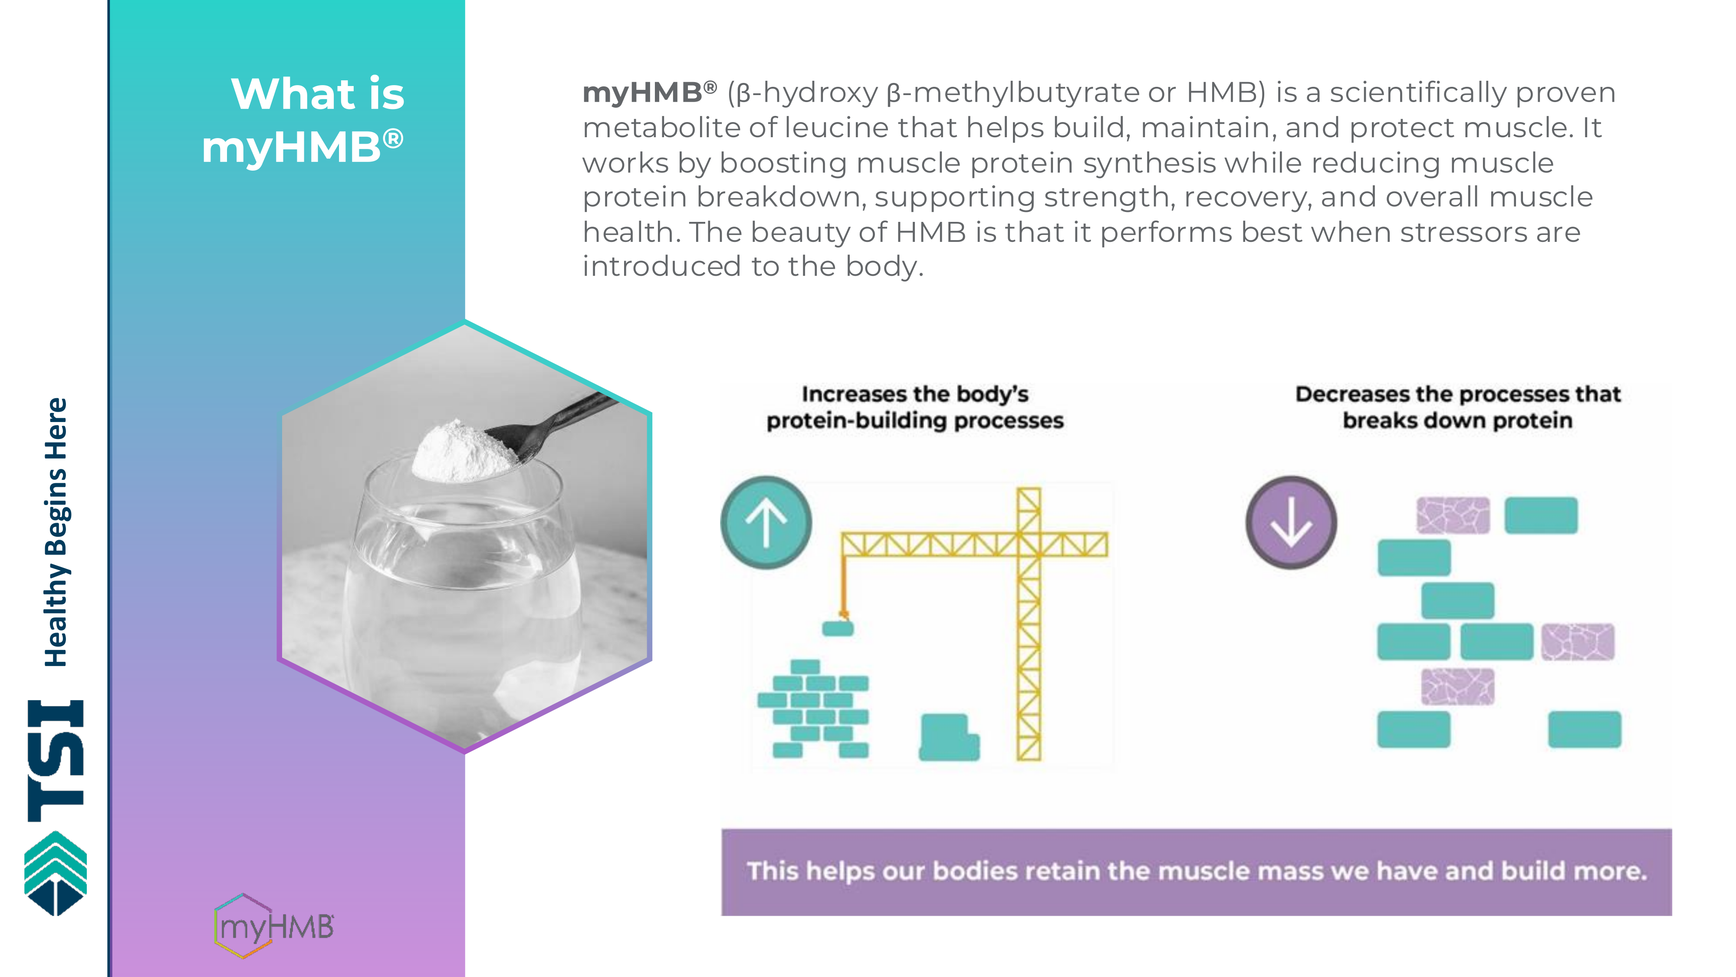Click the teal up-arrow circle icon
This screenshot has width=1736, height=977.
point(766,522)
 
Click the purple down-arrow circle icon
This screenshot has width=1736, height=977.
point(1291,522)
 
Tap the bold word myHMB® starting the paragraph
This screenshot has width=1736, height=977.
point(650,93)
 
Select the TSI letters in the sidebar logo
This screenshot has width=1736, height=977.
point(56,761)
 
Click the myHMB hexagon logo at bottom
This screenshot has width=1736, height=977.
point(273,926)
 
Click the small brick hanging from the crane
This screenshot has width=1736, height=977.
point(838,628)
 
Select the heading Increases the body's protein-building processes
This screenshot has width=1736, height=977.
point(915,407)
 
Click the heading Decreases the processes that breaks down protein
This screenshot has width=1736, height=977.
point(1458,407)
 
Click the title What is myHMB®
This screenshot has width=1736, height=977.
point(303,120)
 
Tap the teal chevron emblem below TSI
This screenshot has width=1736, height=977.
point(56,874)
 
